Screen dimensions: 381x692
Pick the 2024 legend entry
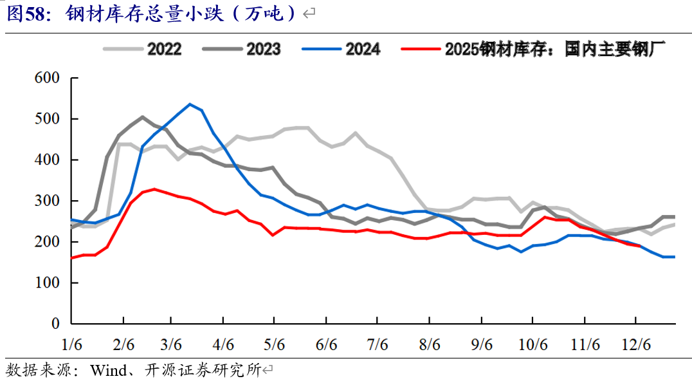coord(363,49)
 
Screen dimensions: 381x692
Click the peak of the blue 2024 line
coord(190,104)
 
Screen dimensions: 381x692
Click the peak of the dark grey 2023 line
coord(142,117)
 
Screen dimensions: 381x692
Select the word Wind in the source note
coord(107,370)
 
